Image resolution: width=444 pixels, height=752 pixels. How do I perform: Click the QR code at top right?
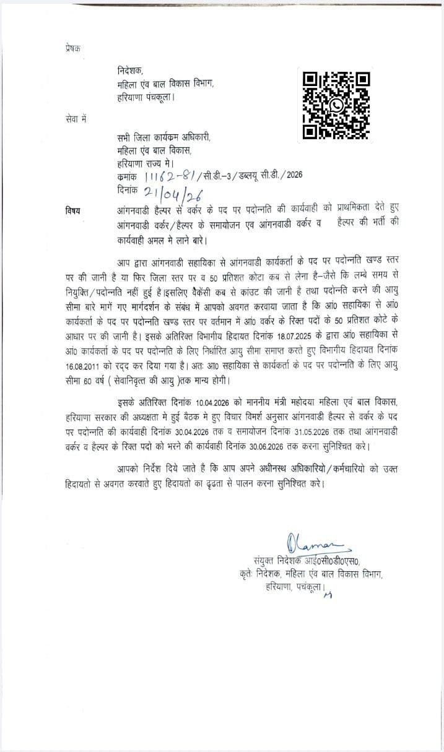click(336, 105)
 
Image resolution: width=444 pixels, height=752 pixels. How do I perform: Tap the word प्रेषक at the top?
click(73, 48)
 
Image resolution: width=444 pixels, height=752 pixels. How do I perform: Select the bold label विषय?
click(74, 212)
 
